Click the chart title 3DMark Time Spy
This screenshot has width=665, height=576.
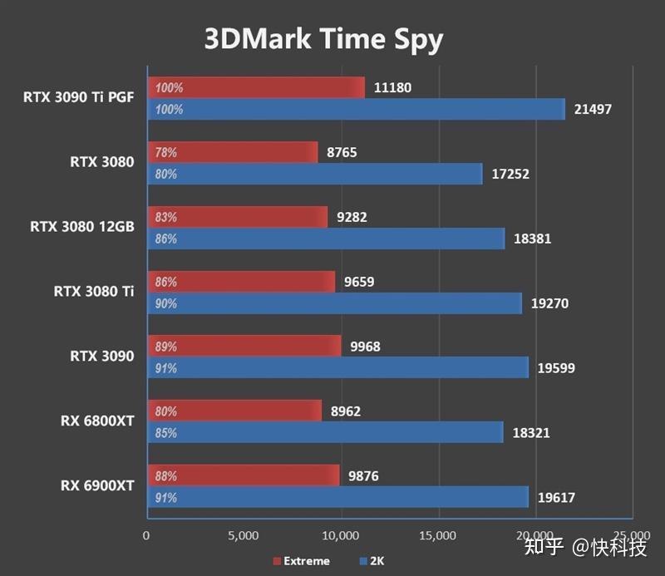324,39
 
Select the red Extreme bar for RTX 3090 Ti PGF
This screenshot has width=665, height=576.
256,87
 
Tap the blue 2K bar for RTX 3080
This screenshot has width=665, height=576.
314,174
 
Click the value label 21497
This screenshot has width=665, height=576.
593,109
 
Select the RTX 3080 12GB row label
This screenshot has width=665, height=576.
81,226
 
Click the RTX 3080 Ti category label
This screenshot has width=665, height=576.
93,291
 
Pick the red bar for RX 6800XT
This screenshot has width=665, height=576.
234,410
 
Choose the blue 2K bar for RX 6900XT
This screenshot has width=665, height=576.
337,498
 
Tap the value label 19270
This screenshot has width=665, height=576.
549,303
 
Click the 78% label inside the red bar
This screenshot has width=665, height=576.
165,152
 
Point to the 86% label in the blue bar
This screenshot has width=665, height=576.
165,239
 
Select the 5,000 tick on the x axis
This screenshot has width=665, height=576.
244,534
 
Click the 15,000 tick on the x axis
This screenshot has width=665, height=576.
438,534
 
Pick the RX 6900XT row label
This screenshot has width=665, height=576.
96,485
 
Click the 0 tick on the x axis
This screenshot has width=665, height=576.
147,534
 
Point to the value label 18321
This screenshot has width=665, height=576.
531,433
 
